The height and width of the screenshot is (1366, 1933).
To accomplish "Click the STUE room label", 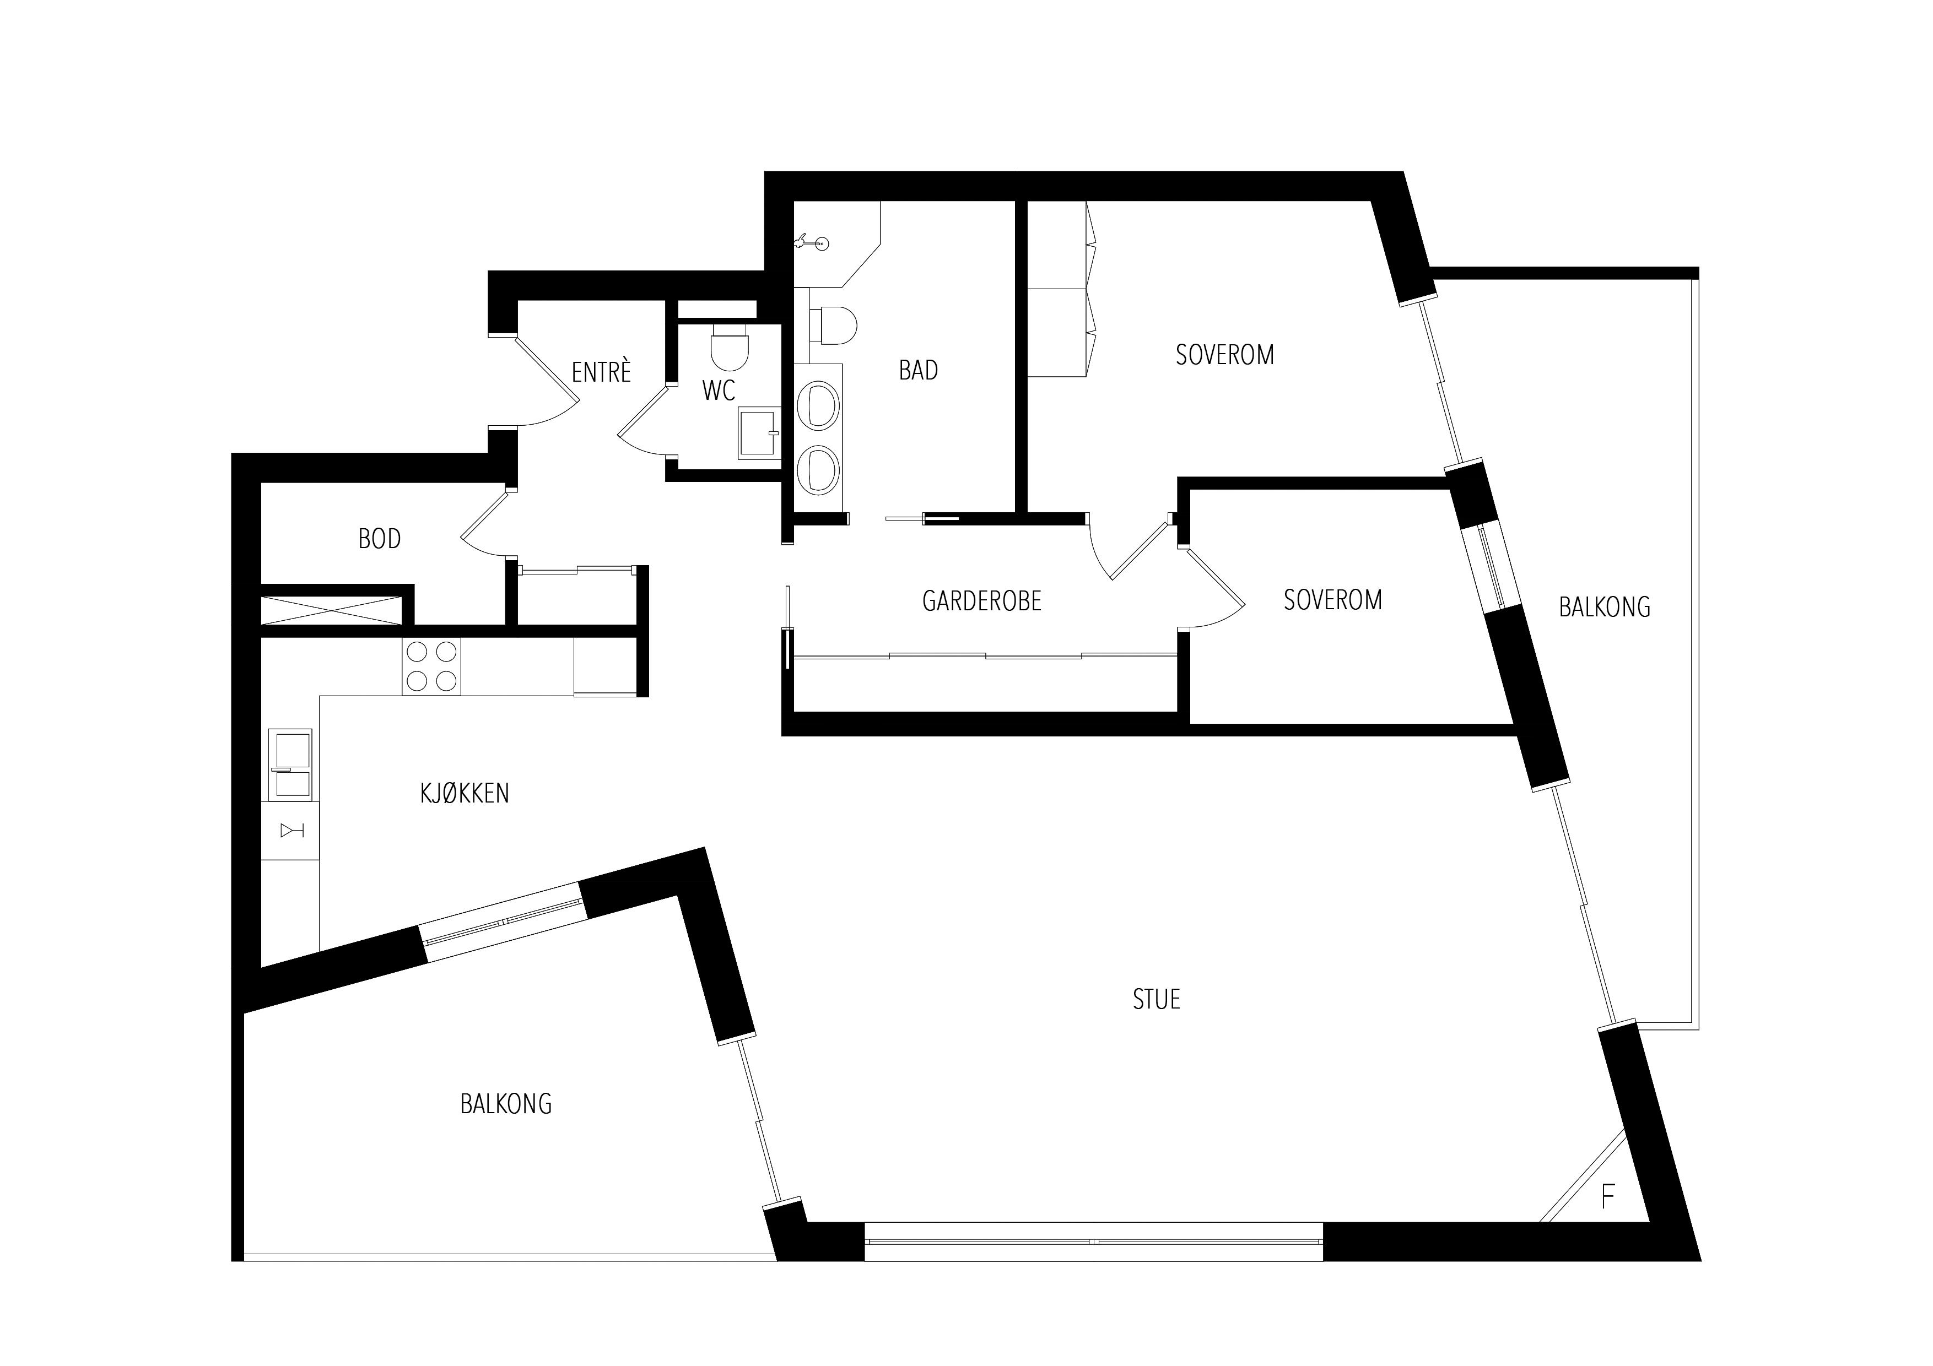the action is (x=1156, y=999).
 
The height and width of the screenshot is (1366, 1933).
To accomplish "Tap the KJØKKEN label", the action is (x=465, y=793).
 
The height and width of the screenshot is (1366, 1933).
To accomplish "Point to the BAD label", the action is (x=919, y=370).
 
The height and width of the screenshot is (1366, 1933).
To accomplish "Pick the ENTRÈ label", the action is (x=601, y=371).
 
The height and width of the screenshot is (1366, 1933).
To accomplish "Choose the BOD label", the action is (x=380, y=539).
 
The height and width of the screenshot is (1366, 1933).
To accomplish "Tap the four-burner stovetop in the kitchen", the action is (x=431, y=666).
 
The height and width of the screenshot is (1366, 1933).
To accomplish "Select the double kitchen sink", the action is (x=290, y=764).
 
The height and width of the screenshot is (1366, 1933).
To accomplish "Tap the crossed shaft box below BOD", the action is (x=331, y=610).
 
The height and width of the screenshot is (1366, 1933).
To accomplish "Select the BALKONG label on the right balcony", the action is (x=1605, y=607).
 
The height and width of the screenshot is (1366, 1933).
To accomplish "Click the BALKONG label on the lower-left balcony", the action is (x=506, y=1103).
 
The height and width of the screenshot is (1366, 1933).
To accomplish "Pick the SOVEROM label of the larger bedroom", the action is (x=1225, y=354).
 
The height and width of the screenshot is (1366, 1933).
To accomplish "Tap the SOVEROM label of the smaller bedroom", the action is (x=1333, y=599).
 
